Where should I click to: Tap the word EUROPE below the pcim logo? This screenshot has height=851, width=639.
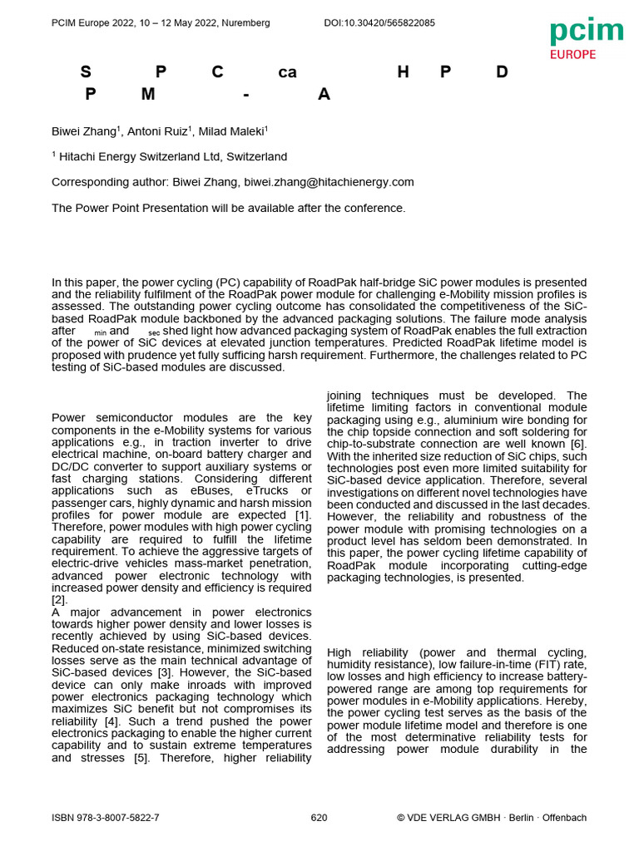572,55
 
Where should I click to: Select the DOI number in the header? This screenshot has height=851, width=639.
379,23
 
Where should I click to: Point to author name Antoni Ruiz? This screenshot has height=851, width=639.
157,131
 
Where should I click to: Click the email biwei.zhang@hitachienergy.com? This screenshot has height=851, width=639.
329,182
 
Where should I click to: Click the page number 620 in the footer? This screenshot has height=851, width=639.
319,818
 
